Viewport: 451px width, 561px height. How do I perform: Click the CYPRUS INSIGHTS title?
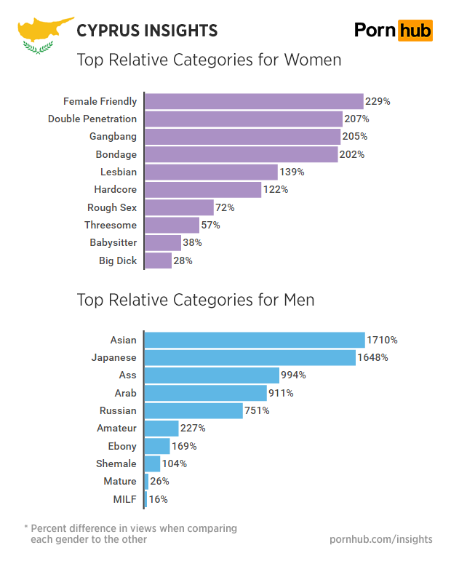147,31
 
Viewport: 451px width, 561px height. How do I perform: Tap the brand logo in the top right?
393,30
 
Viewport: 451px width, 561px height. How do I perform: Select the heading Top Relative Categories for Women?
209,60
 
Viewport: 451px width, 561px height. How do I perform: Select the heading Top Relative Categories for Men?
196,299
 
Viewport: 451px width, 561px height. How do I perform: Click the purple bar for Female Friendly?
254,101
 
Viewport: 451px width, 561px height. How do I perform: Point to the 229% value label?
378,102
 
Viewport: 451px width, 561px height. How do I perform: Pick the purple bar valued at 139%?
212,172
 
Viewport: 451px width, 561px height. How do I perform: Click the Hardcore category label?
115,190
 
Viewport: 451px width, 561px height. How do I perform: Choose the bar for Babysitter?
163,243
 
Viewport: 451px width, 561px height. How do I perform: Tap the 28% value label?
183,260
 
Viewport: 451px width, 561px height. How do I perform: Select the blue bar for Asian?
255,340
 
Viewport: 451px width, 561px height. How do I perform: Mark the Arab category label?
125,393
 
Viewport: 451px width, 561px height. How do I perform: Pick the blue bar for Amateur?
161,428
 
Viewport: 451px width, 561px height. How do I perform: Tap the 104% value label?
175,463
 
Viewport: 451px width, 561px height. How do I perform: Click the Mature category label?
119,481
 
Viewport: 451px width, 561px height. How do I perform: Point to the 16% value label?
159,499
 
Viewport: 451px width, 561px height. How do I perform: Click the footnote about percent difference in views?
130,533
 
